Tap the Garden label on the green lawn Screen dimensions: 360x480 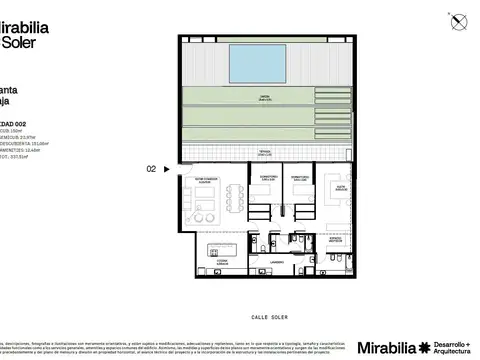point(264,96)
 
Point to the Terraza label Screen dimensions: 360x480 point(264,153)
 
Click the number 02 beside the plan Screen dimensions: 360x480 point(151,170)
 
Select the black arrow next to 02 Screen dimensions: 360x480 point(166,170)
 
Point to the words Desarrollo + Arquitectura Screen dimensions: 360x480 point(454,347)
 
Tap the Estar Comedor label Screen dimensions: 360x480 point(204,181)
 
